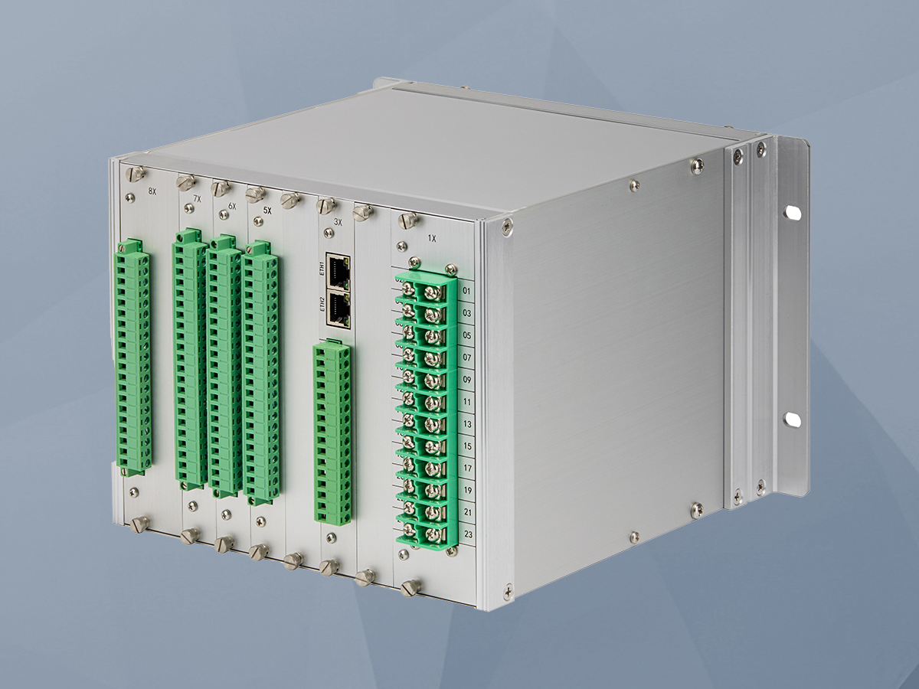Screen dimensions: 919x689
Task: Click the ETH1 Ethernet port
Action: (x=338, y=272)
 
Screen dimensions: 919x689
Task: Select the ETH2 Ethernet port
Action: (x=338, y=309)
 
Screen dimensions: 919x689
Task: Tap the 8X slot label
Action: (x=152, y=191)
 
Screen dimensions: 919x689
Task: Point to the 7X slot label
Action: (x=197, y=199)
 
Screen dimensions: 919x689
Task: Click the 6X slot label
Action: (x=232, y=206)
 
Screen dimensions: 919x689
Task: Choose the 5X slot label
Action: (x=267, y=211)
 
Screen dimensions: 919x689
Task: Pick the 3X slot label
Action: (x=338, y=223)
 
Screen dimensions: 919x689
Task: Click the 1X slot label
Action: (x=432, y=239)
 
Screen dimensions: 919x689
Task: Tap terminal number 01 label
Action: (x=467, y=291)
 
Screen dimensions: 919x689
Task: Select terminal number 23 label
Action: (x=469, y=534)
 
